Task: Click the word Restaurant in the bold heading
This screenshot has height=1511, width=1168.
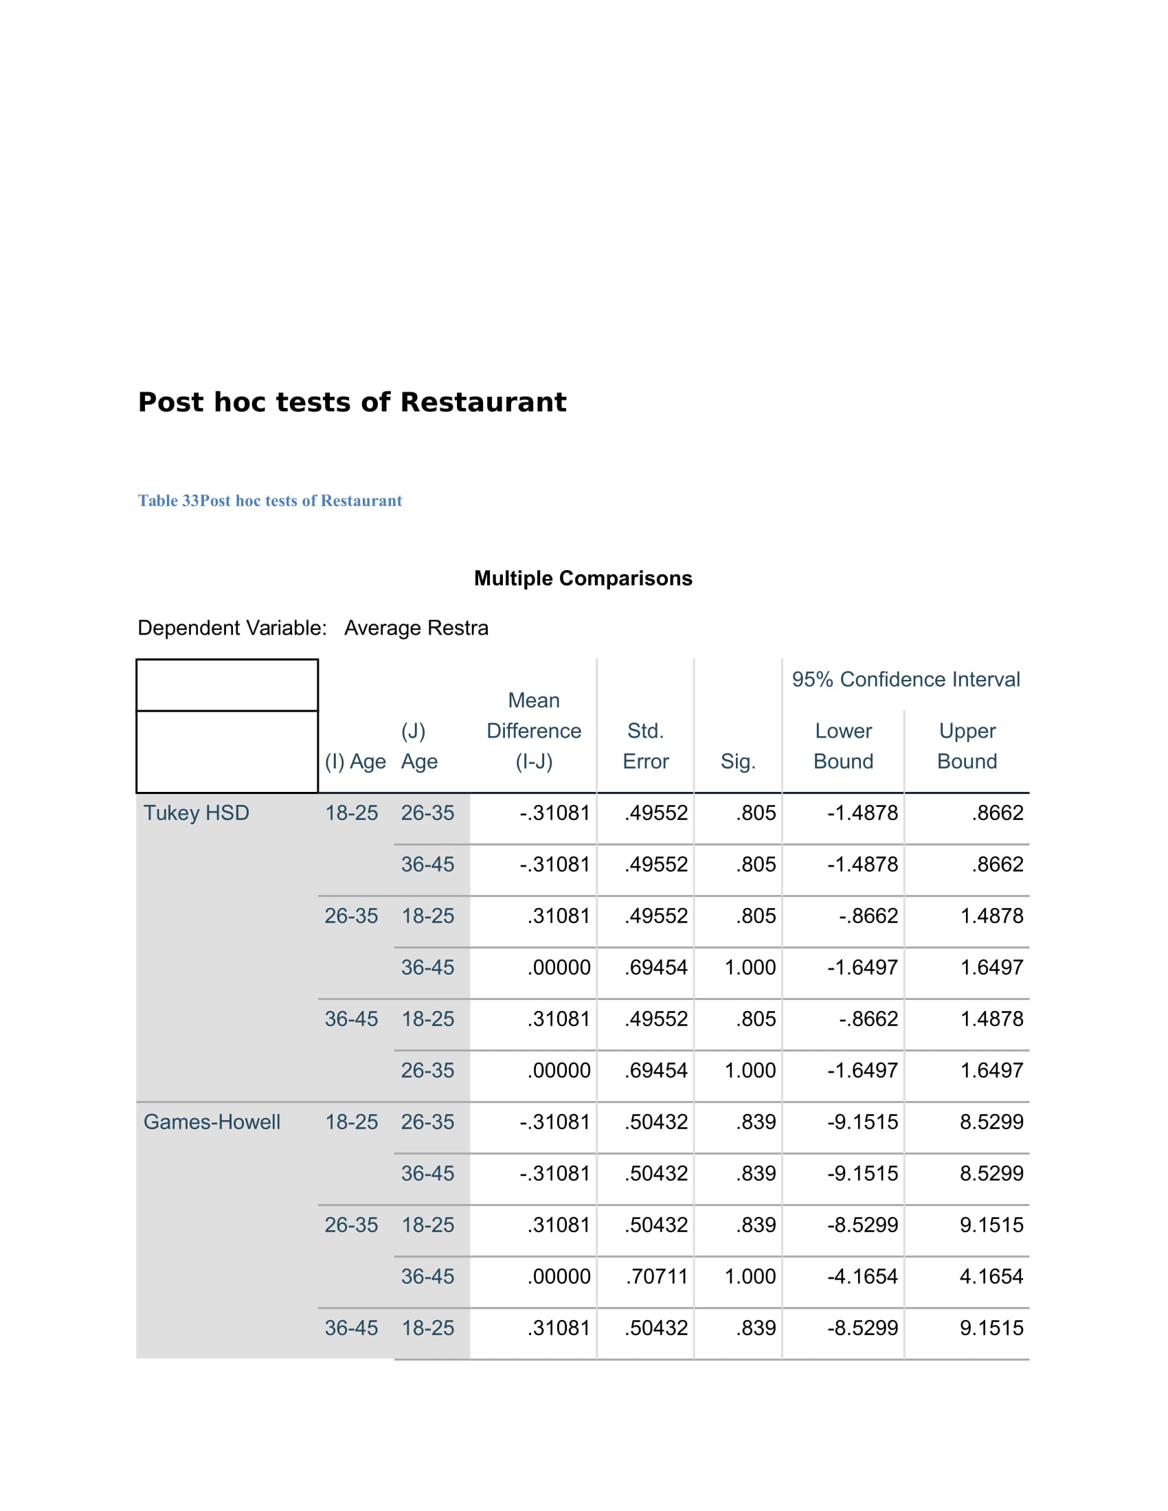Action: pos(483,402)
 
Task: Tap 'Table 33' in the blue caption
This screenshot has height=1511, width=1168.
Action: pos(168,501)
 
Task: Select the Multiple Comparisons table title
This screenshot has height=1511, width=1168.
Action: pos(583,578)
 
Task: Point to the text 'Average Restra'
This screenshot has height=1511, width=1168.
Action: pos(416,628)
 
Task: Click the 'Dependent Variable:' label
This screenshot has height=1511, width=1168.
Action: pos(232,628)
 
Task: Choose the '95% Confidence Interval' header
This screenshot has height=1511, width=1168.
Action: pos(905,679)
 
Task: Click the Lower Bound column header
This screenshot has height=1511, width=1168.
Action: pos(843,746)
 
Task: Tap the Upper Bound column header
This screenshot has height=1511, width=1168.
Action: pos(967,746)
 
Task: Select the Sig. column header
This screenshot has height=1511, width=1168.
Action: pos(738,762)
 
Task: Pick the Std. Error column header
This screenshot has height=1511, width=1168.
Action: pos(645,746)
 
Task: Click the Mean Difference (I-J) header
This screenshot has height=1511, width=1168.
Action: pos(533,731)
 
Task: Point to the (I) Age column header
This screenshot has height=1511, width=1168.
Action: pos(355,762)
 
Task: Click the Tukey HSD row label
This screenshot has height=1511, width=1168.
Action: pos(196,813)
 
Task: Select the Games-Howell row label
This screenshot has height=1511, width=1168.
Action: pos(212,1122)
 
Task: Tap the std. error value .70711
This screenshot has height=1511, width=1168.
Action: pos(656,1277)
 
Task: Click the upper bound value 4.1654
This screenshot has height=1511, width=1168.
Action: pos(991,1277)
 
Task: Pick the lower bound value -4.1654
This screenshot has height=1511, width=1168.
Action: pos(862,1277)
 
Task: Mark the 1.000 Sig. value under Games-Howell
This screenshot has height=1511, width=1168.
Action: pos(750,1277)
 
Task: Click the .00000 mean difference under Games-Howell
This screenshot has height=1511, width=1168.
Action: pos(559,1277)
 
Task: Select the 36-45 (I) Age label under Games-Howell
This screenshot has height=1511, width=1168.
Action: pos(352,1328)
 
